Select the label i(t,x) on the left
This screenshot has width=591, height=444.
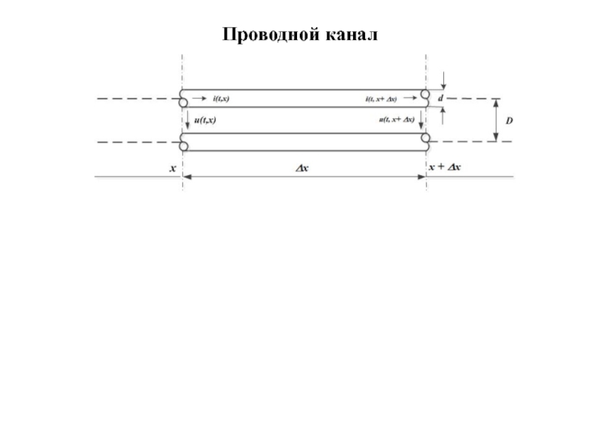pos(220,98)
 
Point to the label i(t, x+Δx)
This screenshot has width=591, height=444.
pos(380,98)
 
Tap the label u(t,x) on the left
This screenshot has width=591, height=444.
pos(204,119)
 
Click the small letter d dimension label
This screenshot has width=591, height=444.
pos(441,98)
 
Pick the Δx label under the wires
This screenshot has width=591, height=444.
pos(302,169)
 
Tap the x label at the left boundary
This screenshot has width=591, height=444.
pos(173,168)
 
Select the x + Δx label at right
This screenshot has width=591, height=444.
pos(445,168)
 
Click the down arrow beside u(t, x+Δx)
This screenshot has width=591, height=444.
pos(420,118)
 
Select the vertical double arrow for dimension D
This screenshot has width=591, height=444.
pos(496,119)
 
